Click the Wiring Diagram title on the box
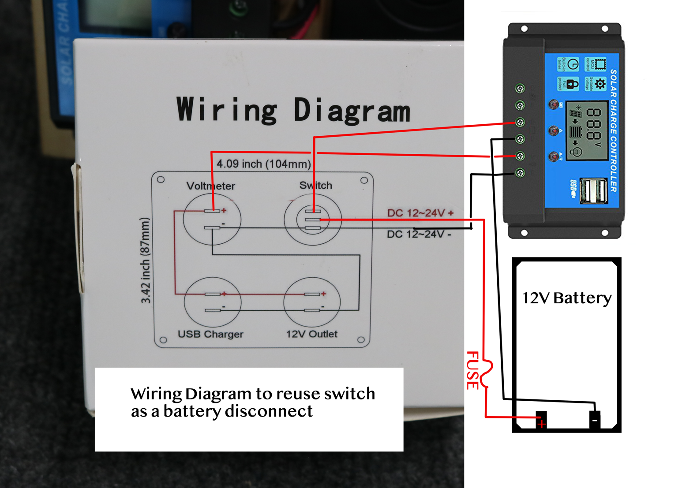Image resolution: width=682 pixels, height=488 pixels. coord(293,110)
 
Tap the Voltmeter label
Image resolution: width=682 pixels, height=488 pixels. coord(210,186)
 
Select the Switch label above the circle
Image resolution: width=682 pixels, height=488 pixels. coord(315,186)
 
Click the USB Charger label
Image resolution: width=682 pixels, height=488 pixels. coord(210,334)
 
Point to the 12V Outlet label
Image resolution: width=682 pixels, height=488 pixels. coord(311,334)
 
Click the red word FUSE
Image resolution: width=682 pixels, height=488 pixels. coord(472,370)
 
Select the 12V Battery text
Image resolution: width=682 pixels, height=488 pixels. coord(567,298)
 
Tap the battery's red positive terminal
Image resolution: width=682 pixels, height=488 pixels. coord(541,420)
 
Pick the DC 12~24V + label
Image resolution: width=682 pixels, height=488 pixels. coord(420,213)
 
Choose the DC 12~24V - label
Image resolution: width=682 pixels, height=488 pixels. coord(419,234)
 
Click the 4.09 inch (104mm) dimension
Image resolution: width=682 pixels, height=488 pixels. coord(263,164)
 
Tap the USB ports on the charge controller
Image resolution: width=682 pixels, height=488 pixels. coord(593,191)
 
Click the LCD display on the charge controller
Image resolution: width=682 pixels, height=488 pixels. coord(585,130)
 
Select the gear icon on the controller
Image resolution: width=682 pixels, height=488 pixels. coord(600,84)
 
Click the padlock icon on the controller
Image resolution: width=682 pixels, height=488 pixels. coord(572,84)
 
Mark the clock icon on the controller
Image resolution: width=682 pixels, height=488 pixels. coord(572,64)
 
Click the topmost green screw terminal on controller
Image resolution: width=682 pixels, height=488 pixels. coord(520,89)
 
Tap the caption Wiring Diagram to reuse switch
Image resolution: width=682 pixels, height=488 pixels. coord(253,393)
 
